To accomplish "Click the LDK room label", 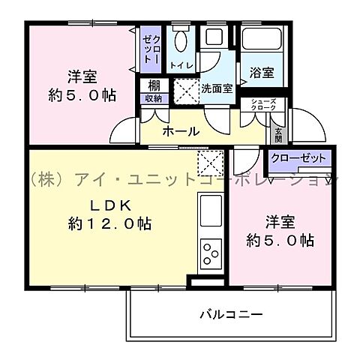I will click(112, 204).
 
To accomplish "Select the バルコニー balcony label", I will click(230, 313).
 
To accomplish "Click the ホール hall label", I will click(181, 131).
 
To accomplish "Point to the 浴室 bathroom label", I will click(261, 73).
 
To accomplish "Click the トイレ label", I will click(181, 66).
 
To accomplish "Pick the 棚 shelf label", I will click(152, 85).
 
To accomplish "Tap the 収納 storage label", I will click(152, 97).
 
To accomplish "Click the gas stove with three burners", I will click(210, 254).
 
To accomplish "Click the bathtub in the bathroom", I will click(260, 43).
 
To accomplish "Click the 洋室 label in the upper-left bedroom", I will click(82, 76).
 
